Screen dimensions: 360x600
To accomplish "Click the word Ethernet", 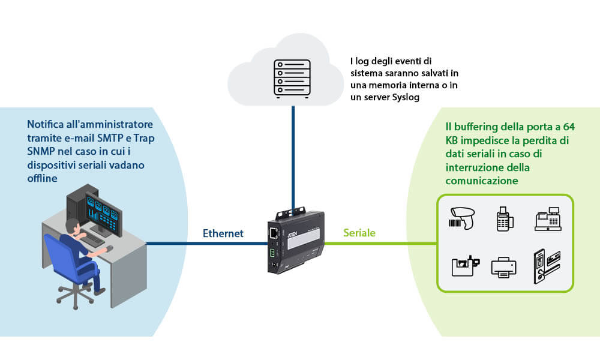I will pos(223,233).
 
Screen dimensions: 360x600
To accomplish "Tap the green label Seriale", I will pos(359,233).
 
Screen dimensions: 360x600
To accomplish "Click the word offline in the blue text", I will pos(42,179).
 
